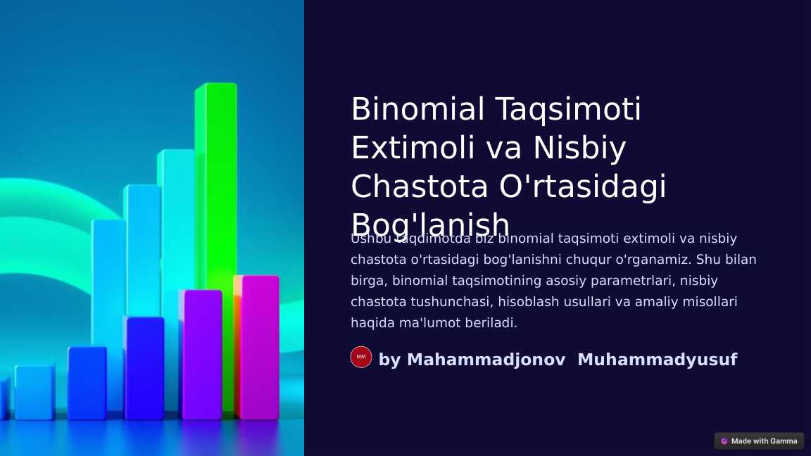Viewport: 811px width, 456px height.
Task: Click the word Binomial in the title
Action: (418, 110)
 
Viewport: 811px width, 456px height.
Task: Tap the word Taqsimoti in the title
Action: (568, 110)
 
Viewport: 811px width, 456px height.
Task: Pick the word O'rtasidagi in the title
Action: (582, 187)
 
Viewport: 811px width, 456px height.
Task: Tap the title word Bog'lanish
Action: (430, 224)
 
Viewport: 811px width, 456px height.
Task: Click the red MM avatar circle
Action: (361, 357)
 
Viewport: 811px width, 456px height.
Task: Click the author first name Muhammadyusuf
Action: (657, 360)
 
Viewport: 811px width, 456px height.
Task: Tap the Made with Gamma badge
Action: (759, 441)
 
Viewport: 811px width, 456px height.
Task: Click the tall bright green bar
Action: (218, 176)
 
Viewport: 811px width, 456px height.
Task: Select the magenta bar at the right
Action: (258, 345)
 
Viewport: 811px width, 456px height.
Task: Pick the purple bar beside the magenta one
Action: (202, 352)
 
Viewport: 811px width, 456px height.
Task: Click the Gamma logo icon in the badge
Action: (724, 441)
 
